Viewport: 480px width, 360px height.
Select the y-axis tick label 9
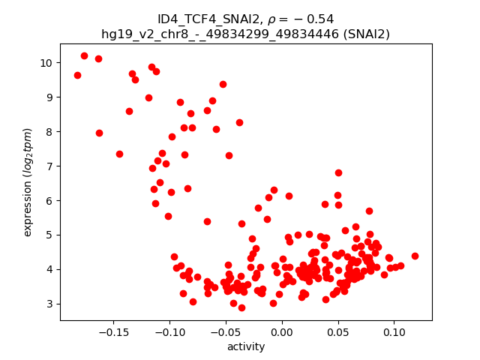coord(50,97)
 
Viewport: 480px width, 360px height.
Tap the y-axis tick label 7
coord(50,166)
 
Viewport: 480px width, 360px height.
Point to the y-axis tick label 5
coord(50,235)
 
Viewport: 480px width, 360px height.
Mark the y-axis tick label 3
coord(50,304)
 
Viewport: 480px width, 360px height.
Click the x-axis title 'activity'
coord(246,346)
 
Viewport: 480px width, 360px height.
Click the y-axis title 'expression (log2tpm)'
coord(28,181)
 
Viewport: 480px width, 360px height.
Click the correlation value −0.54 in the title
coord(312,19)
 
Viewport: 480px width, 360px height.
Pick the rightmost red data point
coord(415,256)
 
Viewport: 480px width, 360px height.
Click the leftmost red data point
coord(77,75)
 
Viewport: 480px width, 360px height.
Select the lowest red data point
coord(241,307)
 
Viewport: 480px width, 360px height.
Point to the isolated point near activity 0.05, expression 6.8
coord(338,172)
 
